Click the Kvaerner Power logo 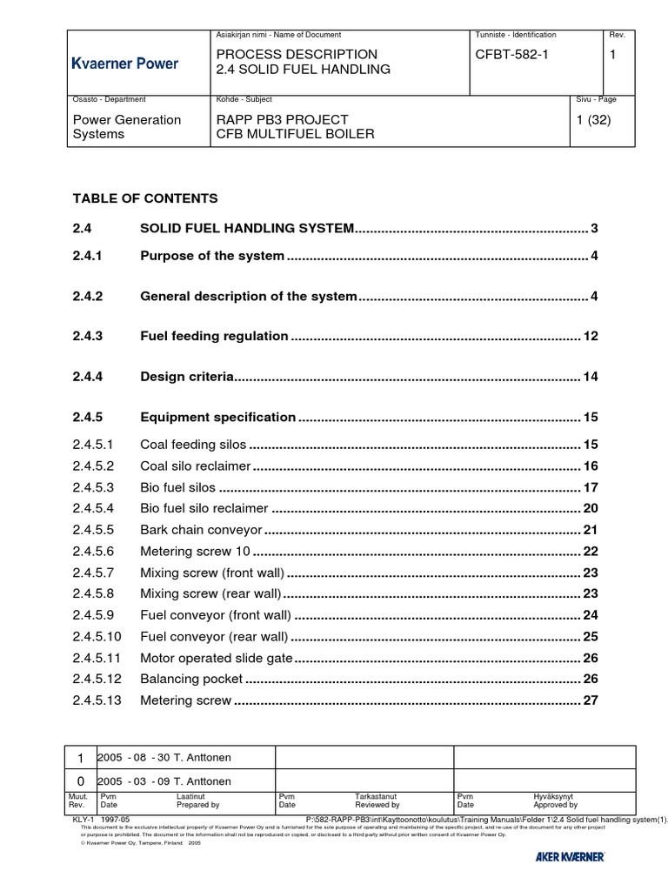pos(124,64)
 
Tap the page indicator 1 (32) pos(593,119)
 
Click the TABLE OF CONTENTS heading pos(145,198)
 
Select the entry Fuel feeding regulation pos(214,336)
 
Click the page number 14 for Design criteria pos(591,378)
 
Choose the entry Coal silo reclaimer pos(196,466)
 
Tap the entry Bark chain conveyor pos(201,530)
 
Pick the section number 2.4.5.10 pos(98,637)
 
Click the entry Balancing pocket pos(191,680)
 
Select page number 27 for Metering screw pos(591,700)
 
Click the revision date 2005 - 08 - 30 pos(131,758)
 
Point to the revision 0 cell pos(81,781)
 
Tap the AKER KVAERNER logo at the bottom pos(570,858)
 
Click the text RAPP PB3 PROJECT pos(282,119)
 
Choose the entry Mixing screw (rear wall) pos(210,594)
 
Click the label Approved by pos(555,806)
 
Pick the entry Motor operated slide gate pos(217,658)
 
